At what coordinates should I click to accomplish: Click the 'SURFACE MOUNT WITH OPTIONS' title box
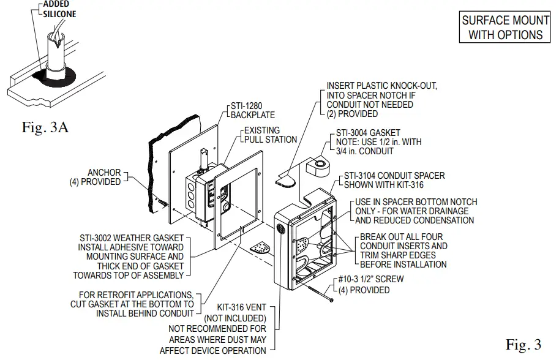tap(505, 28)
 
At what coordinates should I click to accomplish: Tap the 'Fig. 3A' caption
tap(44, 129)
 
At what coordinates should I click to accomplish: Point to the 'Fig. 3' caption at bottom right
tap(523, 345)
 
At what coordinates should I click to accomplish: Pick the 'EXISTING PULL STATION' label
tap(270, 135)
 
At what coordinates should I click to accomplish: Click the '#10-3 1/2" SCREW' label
tap(371, 279)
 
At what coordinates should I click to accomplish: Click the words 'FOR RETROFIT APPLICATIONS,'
tap(136, 294)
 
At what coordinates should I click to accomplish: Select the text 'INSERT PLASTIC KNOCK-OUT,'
tap(381, 86)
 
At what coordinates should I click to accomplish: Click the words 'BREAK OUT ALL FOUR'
tap(401, 237)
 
